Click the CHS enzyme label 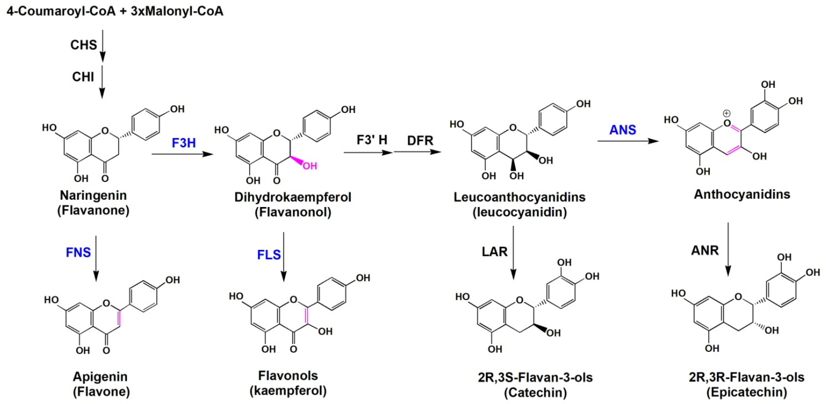83,45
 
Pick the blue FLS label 269,255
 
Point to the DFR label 420,141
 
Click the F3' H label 372,140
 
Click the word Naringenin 93,195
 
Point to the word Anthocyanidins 742,194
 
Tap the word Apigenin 100,376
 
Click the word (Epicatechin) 747,392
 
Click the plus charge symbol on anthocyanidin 727,113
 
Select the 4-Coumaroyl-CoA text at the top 61,11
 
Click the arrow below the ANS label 627,141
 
